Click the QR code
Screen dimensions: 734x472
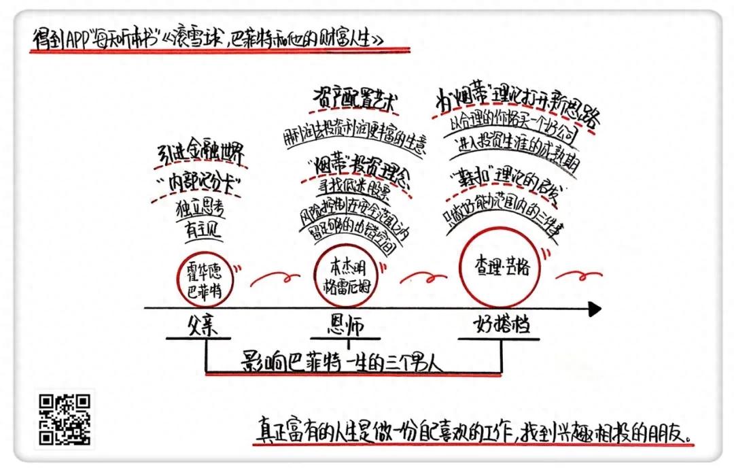click(65, 420)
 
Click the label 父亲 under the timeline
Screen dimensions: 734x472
click(205, 325)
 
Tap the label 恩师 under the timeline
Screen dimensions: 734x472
click(345, 325)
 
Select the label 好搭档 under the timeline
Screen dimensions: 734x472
click(502, 325)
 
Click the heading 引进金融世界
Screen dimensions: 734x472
click(199, 154)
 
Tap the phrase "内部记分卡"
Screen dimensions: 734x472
click(201, 182)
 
